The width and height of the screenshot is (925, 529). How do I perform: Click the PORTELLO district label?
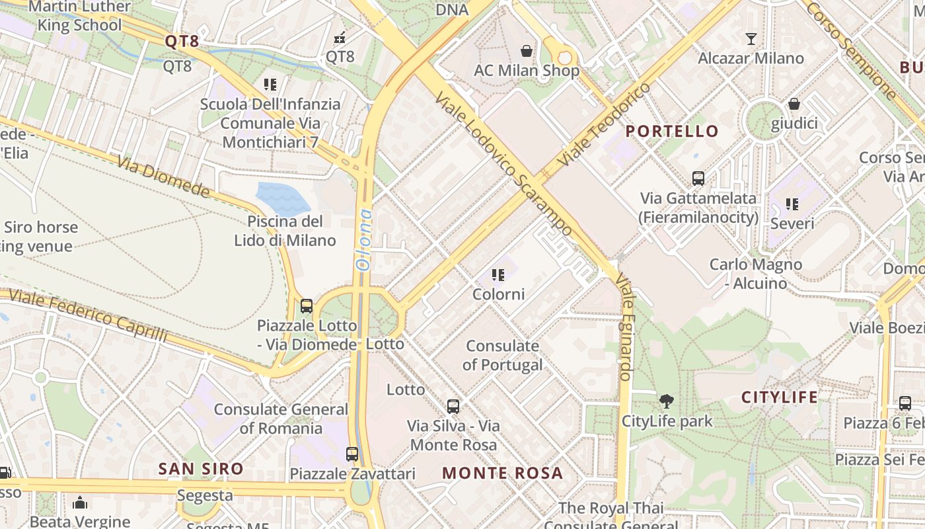point(671,131)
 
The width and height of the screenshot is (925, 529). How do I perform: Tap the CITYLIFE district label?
point(779,397)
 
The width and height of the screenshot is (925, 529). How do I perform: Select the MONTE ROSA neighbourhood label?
point(502,473)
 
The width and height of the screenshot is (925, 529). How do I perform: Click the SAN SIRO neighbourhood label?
point(201,469)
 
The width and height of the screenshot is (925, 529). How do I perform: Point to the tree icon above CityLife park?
point(667,401)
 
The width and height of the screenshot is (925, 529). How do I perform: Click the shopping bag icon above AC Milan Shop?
point(527,51)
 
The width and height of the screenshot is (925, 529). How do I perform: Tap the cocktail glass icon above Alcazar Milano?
point(751,38)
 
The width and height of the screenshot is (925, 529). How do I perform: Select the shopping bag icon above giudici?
point(794,104)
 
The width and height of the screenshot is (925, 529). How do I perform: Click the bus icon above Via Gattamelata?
point(698,178)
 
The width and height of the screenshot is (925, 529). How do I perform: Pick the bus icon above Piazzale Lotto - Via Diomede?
point(307,305)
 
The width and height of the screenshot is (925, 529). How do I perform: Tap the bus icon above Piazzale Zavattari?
point(352,454)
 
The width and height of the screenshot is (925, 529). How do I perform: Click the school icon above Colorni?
point(498,274)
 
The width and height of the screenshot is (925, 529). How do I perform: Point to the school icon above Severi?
point(792,204)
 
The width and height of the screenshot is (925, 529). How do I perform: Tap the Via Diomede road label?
point(163,177)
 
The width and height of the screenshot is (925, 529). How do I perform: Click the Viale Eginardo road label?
point(625,327)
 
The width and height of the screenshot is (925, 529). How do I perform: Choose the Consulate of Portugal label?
point(502,355)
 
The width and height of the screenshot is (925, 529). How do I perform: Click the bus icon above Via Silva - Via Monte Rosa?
point(453,406)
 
